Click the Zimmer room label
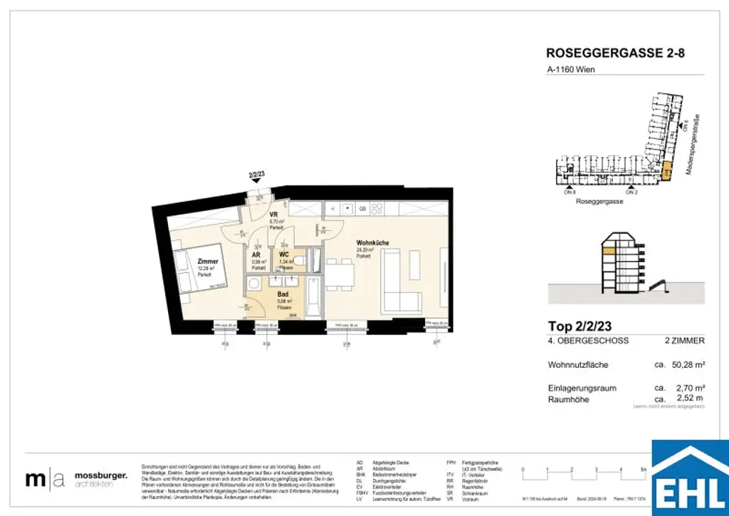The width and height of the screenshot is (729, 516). tap(208, 262)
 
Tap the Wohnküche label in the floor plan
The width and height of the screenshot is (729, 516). tap(372, 243)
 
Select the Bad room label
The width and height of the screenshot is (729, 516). tap(283, 294)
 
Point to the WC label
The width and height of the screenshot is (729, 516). tap(283, 254)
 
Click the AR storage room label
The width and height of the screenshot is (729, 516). tap(256, 254)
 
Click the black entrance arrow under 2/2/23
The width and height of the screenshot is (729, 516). tap(256, 182)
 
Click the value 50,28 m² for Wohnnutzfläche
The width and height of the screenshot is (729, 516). tap(688, 364)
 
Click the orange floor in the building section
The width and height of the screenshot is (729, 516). tap(609, 250)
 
